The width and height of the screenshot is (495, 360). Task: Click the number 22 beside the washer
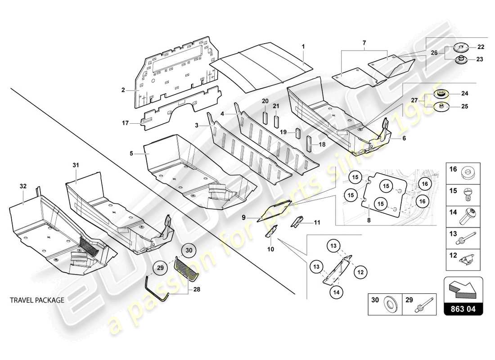(481, 47)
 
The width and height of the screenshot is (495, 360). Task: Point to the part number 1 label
(303, 46)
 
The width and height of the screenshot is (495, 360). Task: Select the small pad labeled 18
(310, 143)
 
